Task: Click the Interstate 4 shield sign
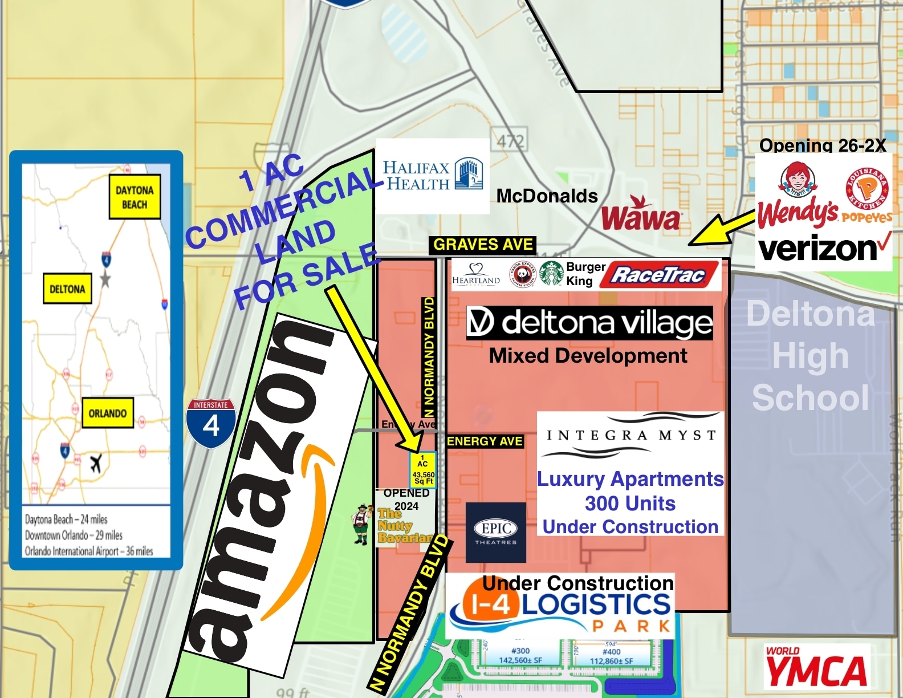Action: [211, 423]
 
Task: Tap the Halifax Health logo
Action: [433, 176]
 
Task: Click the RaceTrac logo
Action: [658, 275]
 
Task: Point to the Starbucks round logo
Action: [551, 274]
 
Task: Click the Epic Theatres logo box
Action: [496, 532]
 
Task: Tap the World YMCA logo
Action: [816, 667]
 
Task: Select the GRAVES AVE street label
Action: [483, 245]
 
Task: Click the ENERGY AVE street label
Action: [485, 441]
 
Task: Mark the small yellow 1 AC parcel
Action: [423, 470]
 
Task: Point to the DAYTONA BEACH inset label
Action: [135, 197]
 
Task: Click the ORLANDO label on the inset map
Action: [108, 413]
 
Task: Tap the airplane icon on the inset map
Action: [96, 463]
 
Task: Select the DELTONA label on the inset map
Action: [67, 289]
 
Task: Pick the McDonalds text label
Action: [547, 196]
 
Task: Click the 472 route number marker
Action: [510, 141]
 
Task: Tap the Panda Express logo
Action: [522, 275]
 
